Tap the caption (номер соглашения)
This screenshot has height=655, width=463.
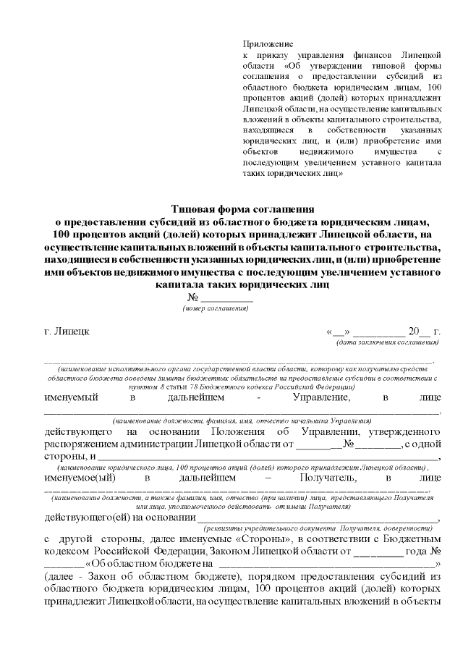pyautogui.click(x=216, y=308)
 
